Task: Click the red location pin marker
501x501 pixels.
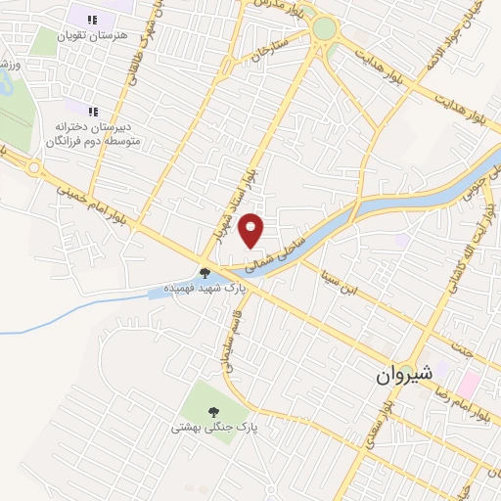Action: (252, 230)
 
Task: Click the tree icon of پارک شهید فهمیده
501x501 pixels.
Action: (205, 274)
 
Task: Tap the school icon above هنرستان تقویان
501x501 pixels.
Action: (93, 20)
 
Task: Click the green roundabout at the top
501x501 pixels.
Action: (323, 29)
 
